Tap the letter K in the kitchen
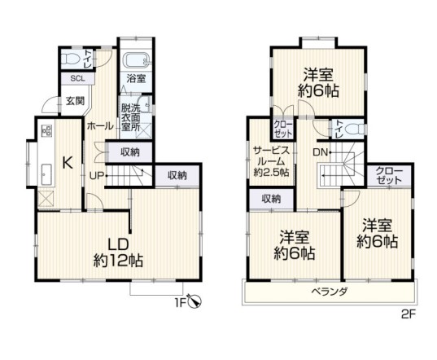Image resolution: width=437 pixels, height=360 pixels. click(x=68, y=161)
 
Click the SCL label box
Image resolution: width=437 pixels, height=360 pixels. click(x=77, y=79)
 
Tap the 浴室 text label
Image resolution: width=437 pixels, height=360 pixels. click(x=135, y=79)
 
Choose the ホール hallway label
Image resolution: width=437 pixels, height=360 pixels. click(x=100, y=126)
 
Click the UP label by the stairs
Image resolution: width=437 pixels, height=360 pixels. click(x=96, y=175)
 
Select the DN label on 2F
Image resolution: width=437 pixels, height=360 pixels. click(x=320, y=152)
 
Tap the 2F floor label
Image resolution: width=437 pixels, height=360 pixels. click(x=407, y=311)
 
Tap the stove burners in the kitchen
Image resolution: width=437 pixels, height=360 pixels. click(x=45, y=131)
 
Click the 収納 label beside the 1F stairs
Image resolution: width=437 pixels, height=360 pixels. click(x=129, y=151)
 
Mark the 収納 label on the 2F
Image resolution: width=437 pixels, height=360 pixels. click(x=271, y=198)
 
